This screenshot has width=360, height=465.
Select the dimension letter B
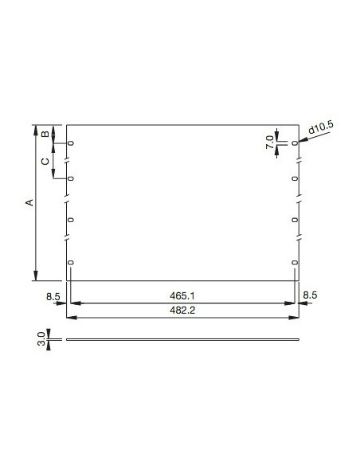[45, 134]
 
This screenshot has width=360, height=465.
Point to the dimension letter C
[45, 161]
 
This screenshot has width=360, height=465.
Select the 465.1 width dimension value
[183, 296]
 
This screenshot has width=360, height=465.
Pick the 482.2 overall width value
[183, 311]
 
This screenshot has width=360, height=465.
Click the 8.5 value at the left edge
[53, 296]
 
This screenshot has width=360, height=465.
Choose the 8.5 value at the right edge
[311, 296]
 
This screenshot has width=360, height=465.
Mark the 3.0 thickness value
[40, 340]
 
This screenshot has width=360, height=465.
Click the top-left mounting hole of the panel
[71, 143]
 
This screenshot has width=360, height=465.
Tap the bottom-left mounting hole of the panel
[71, 263]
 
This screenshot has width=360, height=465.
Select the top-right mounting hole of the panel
[295, 143]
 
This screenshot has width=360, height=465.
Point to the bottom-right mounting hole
[295, 263]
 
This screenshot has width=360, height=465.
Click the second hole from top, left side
[71, 178]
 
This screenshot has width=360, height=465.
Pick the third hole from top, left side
[71, 218]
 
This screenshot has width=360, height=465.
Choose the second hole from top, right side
[295, 178]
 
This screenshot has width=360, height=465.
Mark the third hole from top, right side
[295, 218]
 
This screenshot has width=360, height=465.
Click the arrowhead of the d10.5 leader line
[301, 141]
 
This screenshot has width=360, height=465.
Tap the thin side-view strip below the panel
[183, 340]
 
